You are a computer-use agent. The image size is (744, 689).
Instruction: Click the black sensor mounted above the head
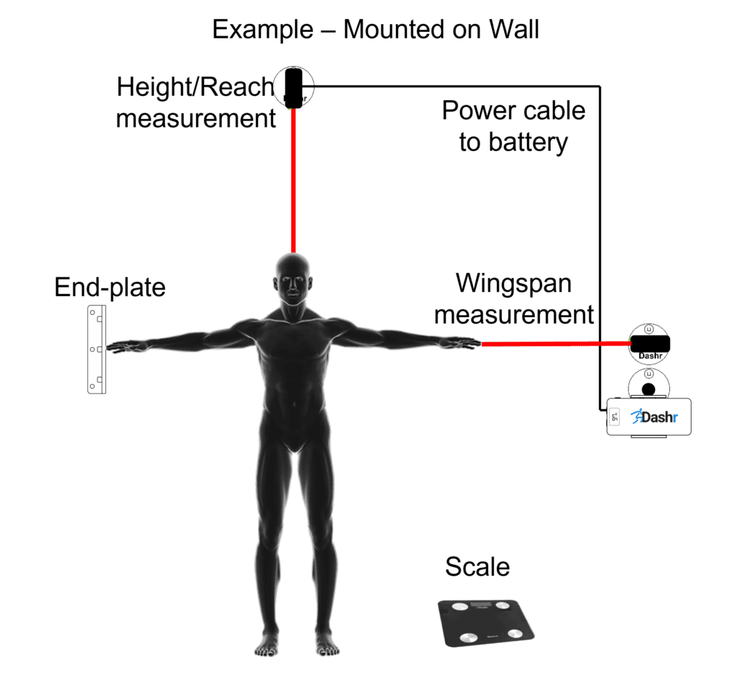[x=294, y=88]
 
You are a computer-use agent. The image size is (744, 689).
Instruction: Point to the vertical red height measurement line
[x=294, y=182]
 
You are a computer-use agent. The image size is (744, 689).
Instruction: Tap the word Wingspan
[x=513, y=283]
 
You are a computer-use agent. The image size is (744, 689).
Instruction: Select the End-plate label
[x=110, y=288]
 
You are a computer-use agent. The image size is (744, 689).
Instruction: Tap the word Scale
[x=477, y=566]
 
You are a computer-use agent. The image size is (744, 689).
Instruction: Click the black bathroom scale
[x=486, y=621]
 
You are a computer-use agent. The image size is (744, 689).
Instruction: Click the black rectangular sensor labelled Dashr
[x=649, y=343]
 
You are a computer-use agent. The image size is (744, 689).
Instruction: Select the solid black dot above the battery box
[x=648, y=388]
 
